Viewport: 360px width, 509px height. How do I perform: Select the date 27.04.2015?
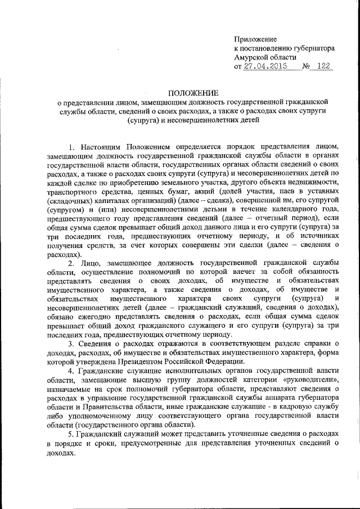click(265, 66)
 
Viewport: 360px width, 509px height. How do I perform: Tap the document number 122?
click(323, 66)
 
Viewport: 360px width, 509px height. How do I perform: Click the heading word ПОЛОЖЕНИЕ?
click(193, 93)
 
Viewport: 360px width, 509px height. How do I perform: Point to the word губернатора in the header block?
click(314, 48)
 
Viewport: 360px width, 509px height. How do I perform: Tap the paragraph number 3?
click(70, 344)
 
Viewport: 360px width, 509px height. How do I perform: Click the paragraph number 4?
click(70, 371)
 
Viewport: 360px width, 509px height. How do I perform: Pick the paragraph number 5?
click(70, 434)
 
